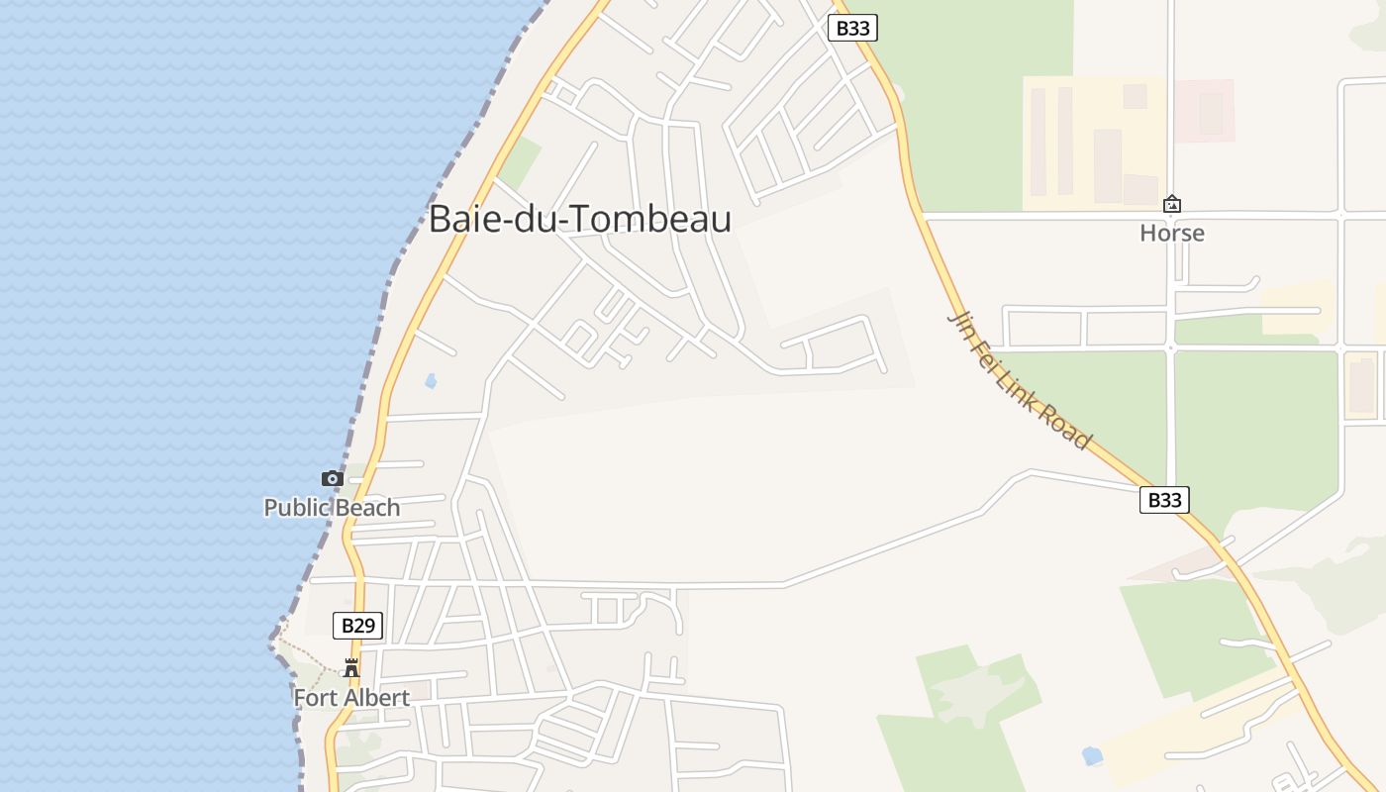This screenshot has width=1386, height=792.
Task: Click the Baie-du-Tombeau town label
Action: (579, 219)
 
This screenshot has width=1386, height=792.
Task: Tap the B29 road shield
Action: (357, 626)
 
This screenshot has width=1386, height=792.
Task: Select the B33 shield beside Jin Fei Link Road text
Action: (1164, 500)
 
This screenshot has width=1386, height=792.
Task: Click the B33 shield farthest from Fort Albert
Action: (852, 28)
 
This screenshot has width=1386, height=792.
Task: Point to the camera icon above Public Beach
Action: (332, 479)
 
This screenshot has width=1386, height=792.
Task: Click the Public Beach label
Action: (332, 508)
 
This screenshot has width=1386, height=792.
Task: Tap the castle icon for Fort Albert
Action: (351, 668)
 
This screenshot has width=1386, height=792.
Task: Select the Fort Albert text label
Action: (351, 698)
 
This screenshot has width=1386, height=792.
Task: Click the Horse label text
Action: (1172, 234)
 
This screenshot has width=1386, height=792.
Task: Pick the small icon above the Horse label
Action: (1172, 205)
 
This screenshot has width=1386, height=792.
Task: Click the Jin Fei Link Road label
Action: (1020, 379)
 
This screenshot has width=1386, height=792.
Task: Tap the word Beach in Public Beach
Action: (366, 508)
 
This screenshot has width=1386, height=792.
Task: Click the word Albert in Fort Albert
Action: (375, 698)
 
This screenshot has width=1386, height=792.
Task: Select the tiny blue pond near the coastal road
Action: (430, 380)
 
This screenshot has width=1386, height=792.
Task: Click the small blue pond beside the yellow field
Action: (1092, 756)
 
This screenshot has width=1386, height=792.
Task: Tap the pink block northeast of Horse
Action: (1205, 111)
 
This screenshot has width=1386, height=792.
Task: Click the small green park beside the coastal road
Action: (519, 163)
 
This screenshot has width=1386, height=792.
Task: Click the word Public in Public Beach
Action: (295, 508)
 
